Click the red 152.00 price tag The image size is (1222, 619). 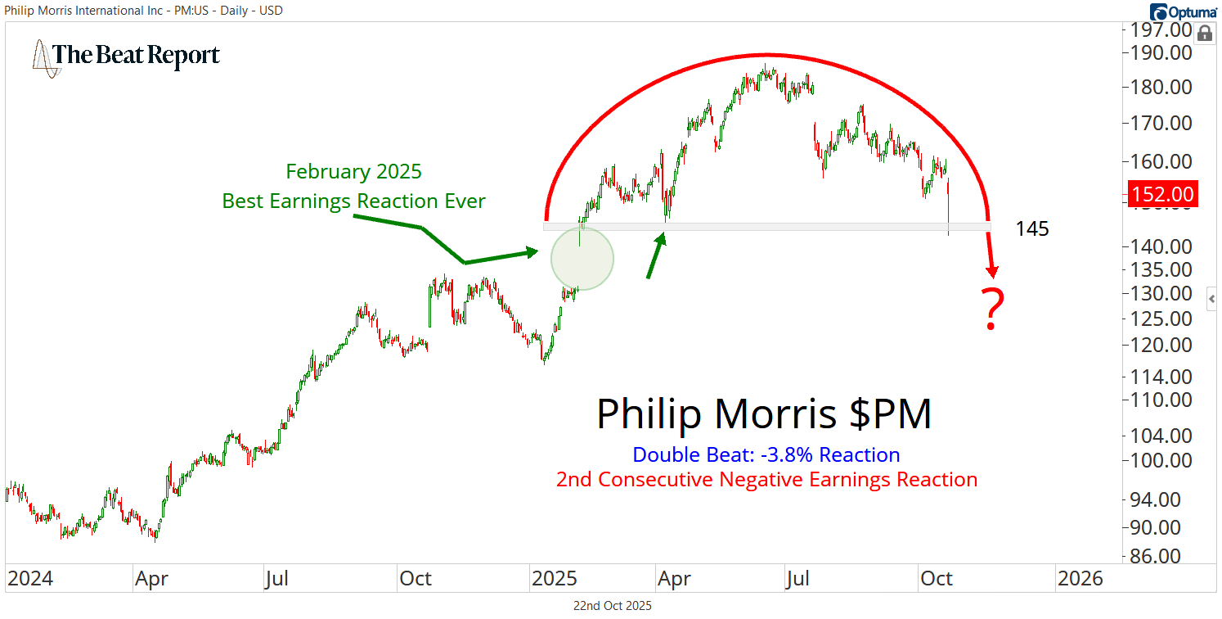pyautogui.click(x=1162, y=195)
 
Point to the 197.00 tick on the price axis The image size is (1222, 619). pyautogui.click(x=1162, y=31)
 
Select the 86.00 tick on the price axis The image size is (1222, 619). pyautogui.click(x=1162, y=556)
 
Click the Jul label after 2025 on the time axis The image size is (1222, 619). pyautogui.click(x=797, y=579)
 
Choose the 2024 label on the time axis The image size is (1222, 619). pyautogui.click(x=30, y=579)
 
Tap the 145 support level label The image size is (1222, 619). pyautogui.click(x=1032, y=229)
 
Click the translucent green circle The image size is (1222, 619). pyautogui.click(x=582, y=259)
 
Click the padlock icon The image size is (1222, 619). pyautogui.click(x=1204, y=34)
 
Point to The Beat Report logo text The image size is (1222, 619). pyautogui.click(x=136, y=55)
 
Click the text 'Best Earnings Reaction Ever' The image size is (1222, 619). pyautogui.click(x=354, y=201)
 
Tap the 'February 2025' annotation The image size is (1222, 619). pyautogui.click(x=354, y=172)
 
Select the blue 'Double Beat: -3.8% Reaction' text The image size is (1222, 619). pyautogui.click(x=766, y=455)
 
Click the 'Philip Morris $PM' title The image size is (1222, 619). pyautogui.click(x=764, y=414)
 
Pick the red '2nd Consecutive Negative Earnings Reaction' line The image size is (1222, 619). pyautogui.click(x=766, y=480)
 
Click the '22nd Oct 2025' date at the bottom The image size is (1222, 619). pyautogui.click(x=613, y=606)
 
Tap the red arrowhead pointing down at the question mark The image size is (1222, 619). pyautogui.click(x=994, y=271)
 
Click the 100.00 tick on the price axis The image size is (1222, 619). pyautogui.click(x=1162, y=460)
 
